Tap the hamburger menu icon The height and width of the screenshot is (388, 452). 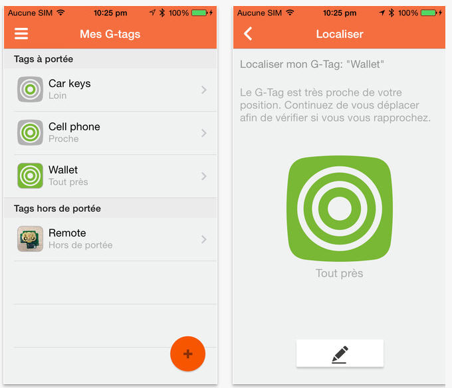tap(21, 34)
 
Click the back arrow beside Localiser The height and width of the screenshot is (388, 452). tap(248, 34)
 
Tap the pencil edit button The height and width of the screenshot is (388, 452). tap(340, 353)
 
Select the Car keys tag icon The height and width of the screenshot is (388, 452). tap(31, 89)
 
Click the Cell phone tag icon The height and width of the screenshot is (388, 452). tap(31, 132)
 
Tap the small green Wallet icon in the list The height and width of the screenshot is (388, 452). tap(31, 175)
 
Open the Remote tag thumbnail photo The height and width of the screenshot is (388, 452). tap(31, 239)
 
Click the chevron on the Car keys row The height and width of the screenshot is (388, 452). tap(204, 90)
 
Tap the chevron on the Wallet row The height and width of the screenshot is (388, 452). tap(204, 176)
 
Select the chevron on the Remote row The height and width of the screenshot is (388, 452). tap(204, 239)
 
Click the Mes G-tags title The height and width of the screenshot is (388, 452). tap(110, 34)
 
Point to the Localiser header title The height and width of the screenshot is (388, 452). tap(340, 34)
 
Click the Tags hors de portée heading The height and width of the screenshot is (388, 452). tap(57, 208)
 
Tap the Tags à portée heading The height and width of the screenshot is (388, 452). tap(43, 59)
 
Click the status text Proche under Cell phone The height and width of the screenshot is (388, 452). tap(63, 139)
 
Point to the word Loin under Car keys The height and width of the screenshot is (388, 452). tap(57, 96)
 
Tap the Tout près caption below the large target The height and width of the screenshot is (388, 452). tap(339, 273)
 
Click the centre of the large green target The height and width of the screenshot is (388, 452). tap(340, 208)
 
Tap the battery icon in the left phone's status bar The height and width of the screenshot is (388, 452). tap(199, 13)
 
